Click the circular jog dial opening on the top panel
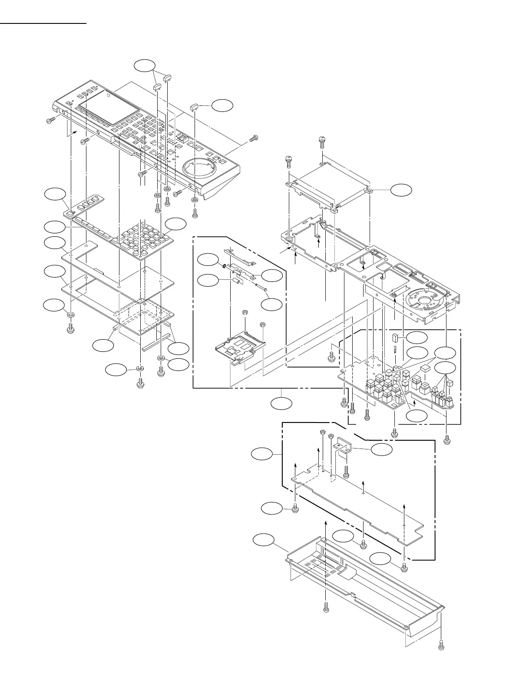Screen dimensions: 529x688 tap(201, 167)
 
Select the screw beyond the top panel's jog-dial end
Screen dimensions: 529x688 tap(254, 138)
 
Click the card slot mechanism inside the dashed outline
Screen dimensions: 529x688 tap(240, 347)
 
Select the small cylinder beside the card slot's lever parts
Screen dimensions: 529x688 tap(238, 280)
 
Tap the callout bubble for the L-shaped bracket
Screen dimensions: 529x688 tap(382, 450)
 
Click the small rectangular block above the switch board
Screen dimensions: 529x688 tap(395, 338)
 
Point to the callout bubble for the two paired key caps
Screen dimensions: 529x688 tap(144, 66)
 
